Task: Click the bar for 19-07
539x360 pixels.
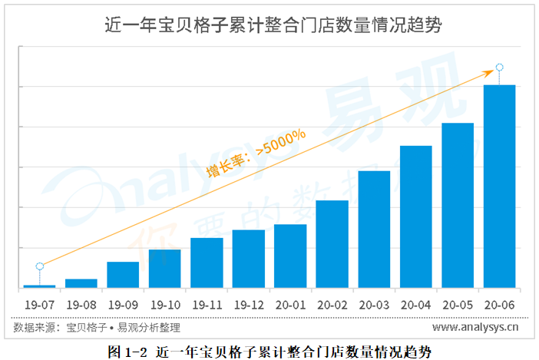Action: click(39, 286)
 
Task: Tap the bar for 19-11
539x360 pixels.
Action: click(207, 263)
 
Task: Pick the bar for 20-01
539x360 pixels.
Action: click(290, 256)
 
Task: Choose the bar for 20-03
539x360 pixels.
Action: click(374, 229)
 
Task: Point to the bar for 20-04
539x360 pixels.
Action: click(415, 216)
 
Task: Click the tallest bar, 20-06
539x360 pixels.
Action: click(499, 186)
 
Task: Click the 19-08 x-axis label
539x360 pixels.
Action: click(81, 303)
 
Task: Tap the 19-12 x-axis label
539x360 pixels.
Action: click(248, 303)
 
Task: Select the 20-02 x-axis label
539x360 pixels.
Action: click(332, 303)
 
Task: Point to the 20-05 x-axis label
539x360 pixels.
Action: click(458, 303)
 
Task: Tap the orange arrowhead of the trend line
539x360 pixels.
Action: click(487, 73)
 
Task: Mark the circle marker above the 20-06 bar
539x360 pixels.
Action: click(499, 68)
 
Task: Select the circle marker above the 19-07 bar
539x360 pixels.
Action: click(39, 266)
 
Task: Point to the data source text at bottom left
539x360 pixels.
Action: click(97, 328)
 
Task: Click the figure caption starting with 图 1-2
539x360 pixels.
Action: click(269, 352)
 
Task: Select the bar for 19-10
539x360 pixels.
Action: click(164, 268)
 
